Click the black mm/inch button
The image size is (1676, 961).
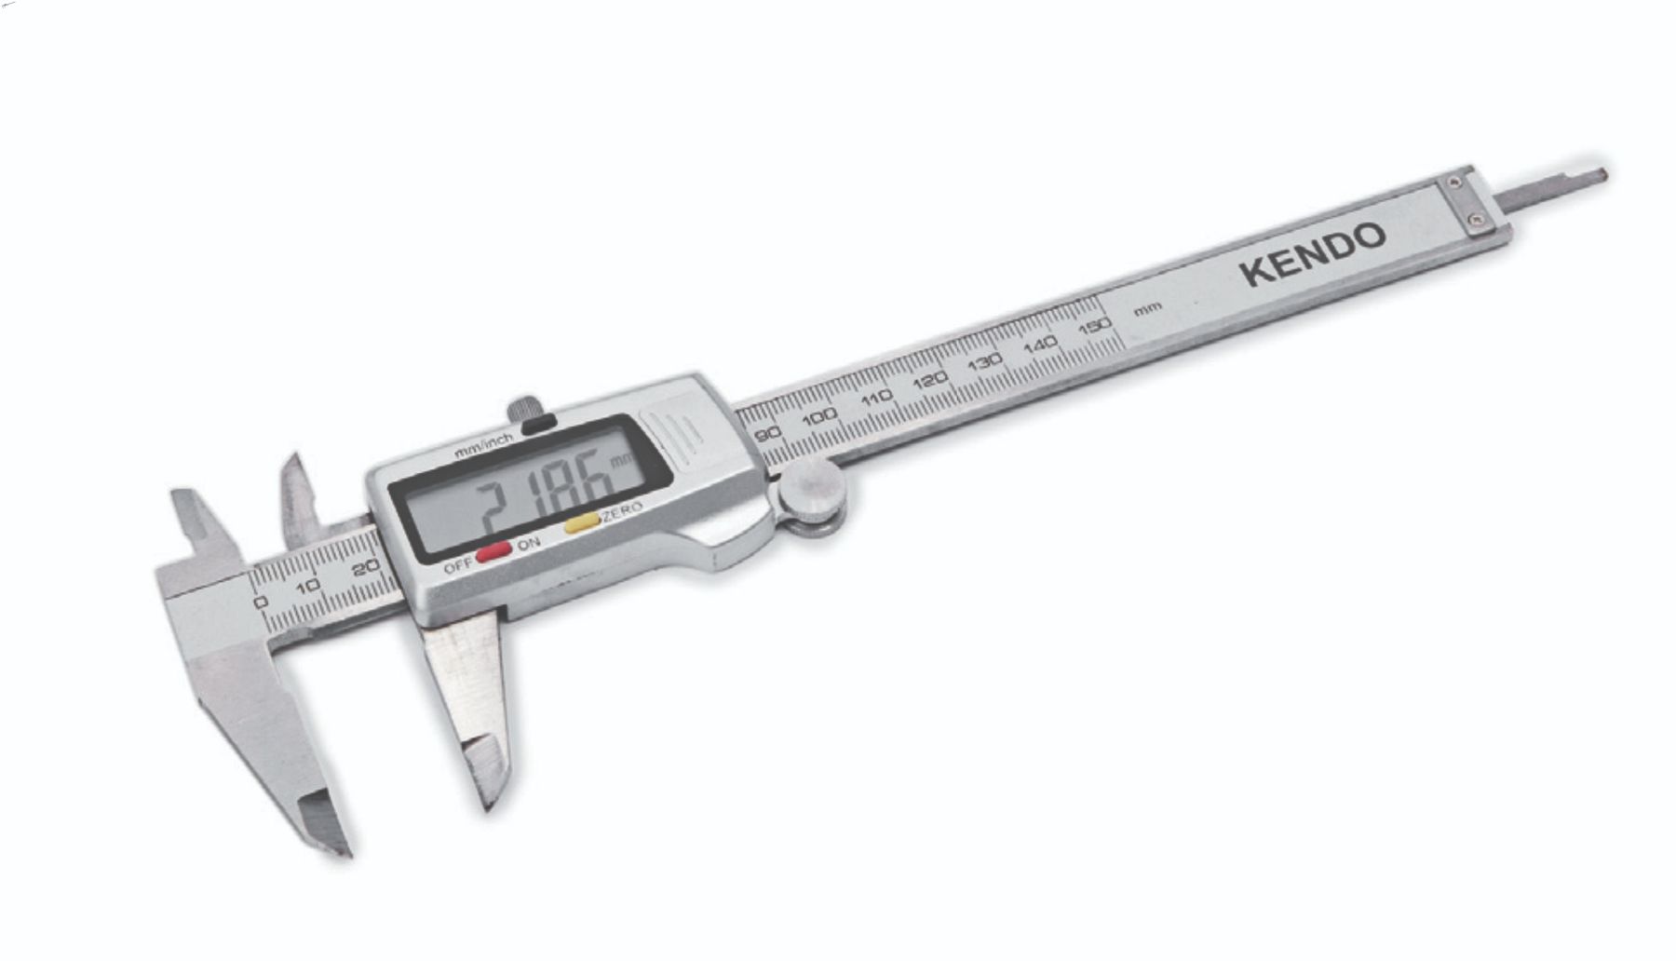click(539, 424)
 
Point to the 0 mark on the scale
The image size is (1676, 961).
click(261, 602)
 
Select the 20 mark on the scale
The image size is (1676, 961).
click(367, 567)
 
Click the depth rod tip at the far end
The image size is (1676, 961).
click(1598, 173)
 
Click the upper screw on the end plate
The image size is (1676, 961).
click(1453, 183)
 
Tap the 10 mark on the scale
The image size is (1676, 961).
click(308, 586)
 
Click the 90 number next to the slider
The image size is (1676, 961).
click(767, 435)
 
